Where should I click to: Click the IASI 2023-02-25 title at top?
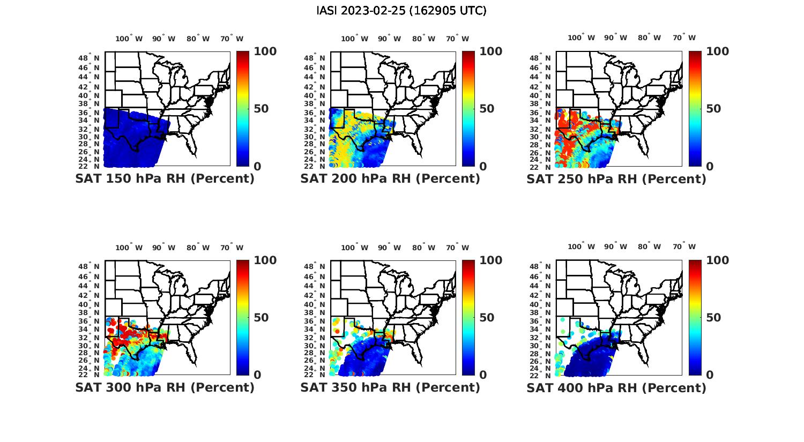(401, 11)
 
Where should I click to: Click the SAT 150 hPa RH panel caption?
(165, 179)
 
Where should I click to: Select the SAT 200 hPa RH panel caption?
(390, 179)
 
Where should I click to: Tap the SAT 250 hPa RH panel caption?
(616, 179)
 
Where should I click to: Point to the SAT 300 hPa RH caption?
(165, 387)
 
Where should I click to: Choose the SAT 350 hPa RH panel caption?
(390, 387)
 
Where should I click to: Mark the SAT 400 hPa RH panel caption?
(616, 387)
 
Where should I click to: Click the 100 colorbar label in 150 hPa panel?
(265, 51)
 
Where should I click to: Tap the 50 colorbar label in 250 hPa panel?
(713, 109)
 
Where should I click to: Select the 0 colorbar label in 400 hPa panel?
(710, 375)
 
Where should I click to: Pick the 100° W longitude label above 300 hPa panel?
(129, 248)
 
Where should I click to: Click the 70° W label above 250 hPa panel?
(684, 38)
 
